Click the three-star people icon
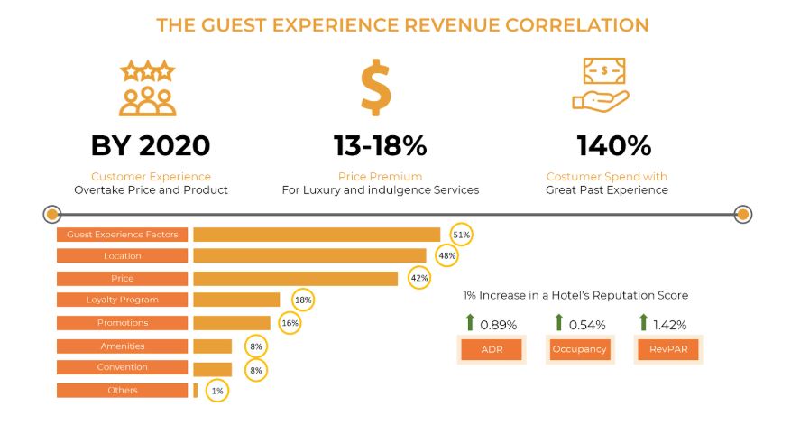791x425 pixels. pos(149,88)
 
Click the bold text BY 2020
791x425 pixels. pos(150,145)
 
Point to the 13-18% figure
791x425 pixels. pos(381,145)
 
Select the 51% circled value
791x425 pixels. pos(462,234)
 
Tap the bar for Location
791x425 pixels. pos(309,256)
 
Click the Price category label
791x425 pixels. pos(122,278)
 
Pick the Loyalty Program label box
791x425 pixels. pos(122,300)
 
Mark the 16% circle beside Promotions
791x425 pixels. pos(290,323)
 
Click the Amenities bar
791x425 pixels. pos(212,346)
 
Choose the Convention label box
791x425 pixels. pos(122,367)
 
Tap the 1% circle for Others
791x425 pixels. pos(216,391)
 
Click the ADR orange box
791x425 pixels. pos(491,349)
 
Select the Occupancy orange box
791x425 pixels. pos(579,349)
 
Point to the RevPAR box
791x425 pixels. pos(667,349)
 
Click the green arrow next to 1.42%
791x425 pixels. pos(644,323)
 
